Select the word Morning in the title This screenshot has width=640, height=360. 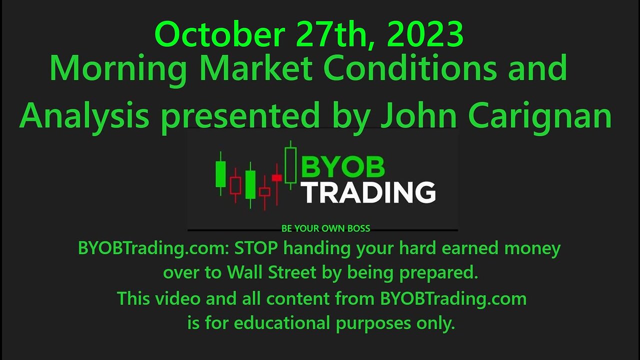(115, 69)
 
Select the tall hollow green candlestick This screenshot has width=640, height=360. (290, 165)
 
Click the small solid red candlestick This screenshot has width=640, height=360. (276, 177)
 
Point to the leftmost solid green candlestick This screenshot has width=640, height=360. (220, 173)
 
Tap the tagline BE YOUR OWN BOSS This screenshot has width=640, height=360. (326, 228)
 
